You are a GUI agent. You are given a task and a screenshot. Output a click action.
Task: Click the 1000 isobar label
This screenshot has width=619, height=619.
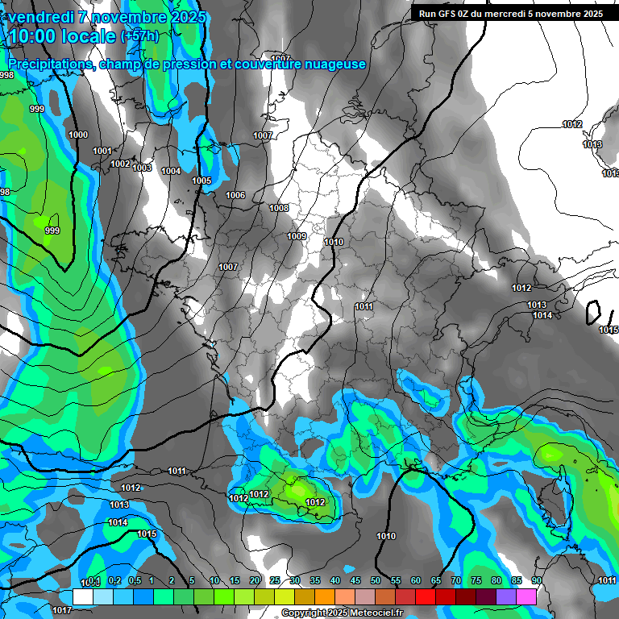(79, 135)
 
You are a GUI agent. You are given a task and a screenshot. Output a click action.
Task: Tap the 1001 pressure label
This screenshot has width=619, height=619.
(102, 151)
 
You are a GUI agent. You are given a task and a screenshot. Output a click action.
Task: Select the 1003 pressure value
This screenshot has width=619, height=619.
(143, 168)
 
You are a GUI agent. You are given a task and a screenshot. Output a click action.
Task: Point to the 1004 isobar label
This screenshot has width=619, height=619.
(171, 171)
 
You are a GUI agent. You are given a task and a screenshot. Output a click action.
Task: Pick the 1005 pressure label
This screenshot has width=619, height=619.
(201, 181)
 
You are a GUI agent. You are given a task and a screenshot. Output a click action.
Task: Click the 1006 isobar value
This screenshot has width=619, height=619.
(235, 195)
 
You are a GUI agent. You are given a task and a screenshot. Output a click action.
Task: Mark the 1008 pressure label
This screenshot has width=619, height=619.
(279, 208)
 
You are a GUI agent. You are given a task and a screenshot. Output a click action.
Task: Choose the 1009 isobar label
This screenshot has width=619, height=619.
(297, 236)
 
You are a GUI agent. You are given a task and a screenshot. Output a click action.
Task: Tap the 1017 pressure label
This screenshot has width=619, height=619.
(62, 610)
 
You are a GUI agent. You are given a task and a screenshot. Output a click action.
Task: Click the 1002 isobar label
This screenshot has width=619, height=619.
(120, 164)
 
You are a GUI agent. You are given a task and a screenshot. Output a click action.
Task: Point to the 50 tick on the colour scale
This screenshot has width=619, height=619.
(376, 581)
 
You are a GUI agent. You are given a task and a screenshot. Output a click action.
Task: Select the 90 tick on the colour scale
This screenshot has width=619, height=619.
(537, 581)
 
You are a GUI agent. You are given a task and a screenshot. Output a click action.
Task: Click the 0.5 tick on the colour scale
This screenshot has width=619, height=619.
(134, 581)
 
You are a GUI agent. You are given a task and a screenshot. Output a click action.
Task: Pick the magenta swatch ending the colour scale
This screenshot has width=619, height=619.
(526, 596)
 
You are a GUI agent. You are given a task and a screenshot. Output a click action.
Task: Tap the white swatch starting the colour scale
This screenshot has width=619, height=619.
(83, 596)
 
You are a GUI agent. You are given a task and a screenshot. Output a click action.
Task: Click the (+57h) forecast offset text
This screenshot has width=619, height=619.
(139, 36)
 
